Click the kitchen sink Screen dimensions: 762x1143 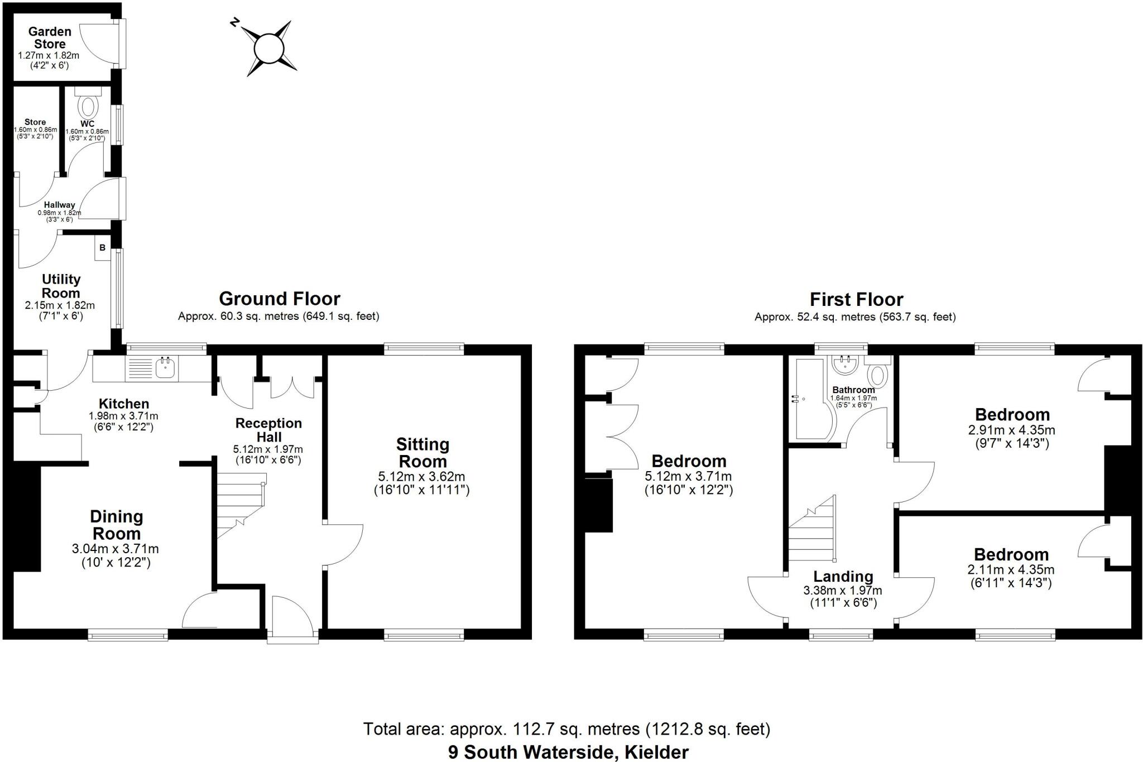click(166, 368)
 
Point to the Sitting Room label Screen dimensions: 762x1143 click(422, 453)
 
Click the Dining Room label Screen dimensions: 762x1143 click(116, 525)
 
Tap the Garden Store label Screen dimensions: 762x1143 click(50, 38)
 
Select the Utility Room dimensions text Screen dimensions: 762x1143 click(60, 310)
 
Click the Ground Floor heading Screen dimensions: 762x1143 click(279, 299)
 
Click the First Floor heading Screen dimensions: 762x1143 click(856, 300)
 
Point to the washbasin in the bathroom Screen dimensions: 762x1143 click(846, 365)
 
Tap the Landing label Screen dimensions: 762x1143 click(843, 577)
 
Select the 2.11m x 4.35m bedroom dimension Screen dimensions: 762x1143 click(1011, 576)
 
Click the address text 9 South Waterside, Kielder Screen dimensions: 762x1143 click(568, 752)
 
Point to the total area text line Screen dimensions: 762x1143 click(566, 729)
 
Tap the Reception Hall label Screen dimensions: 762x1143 click(268, 430)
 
